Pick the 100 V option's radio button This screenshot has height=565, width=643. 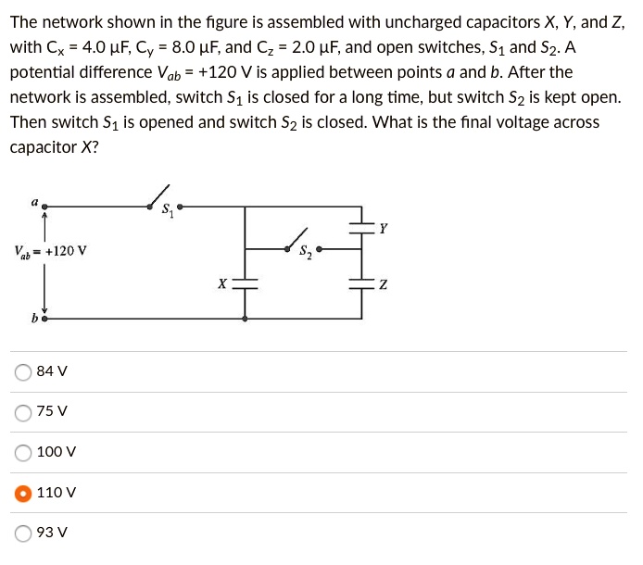tap(23, 452)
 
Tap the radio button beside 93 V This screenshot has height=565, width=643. tap(23, 533)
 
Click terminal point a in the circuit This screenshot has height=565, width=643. tap(44, 207)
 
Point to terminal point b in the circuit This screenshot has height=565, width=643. tap(44, 319)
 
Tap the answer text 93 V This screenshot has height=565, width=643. tap(52, 533)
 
